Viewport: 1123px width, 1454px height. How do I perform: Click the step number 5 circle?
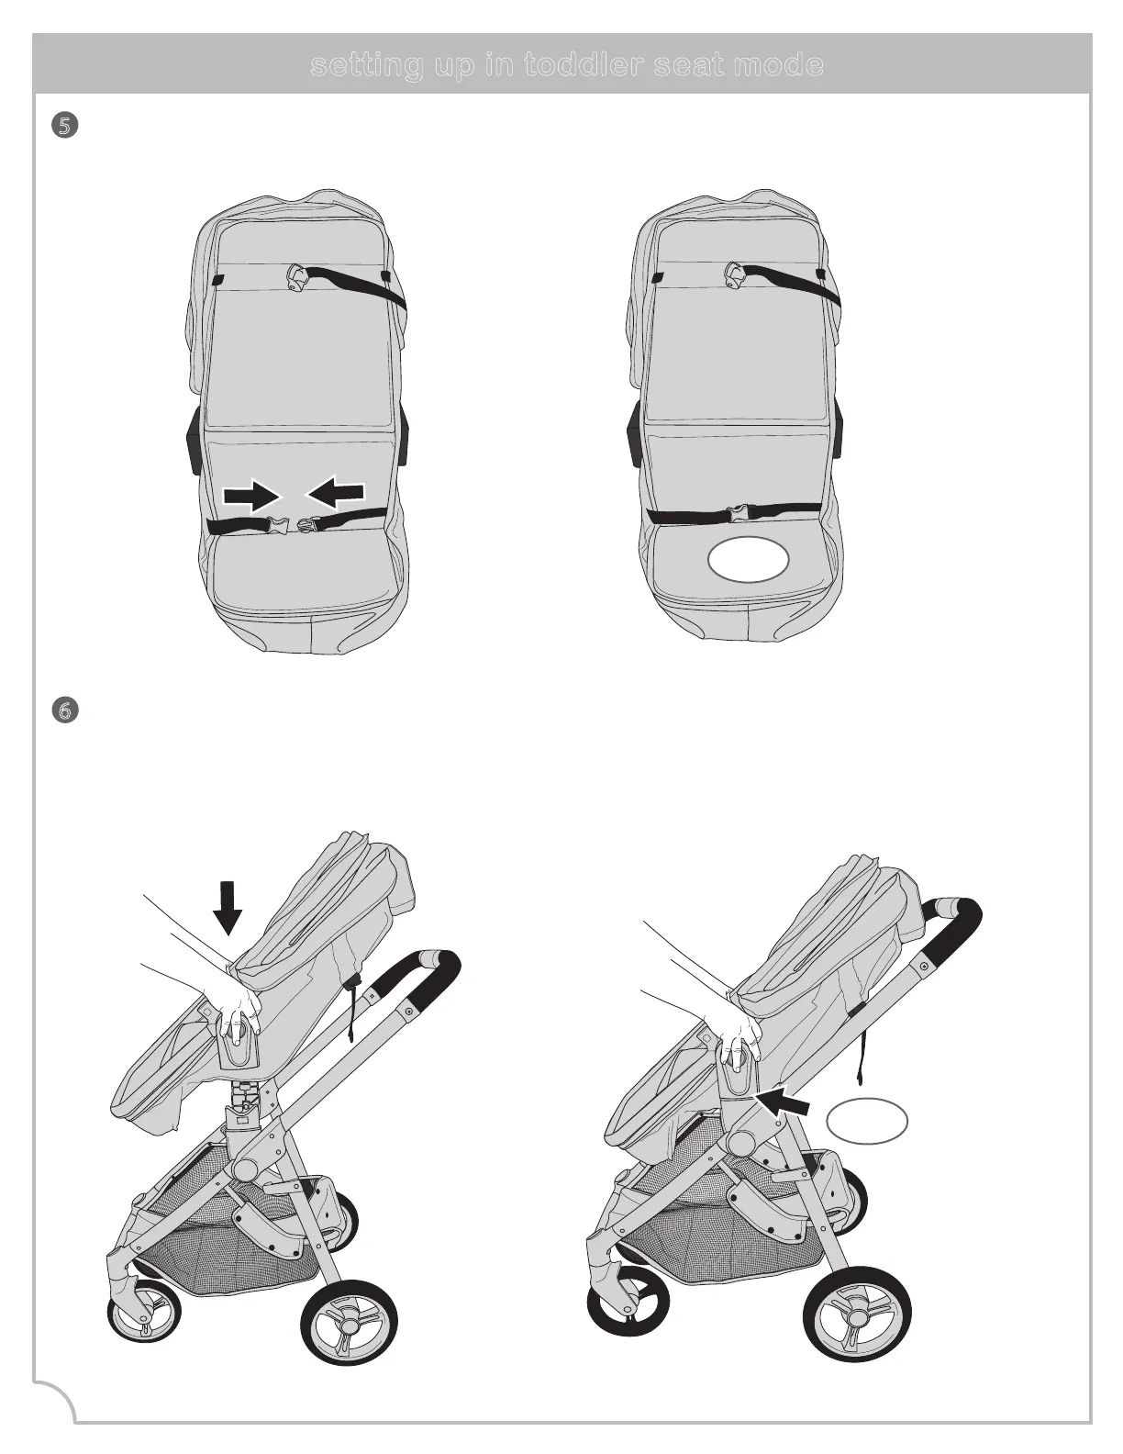pos(62,126)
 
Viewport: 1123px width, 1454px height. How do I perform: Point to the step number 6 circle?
pos(62,710)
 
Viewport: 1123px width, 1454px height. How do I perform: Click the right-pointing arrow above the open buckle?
pos(251,497)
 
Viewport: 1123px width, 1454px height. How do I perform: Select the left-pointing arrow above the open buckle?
pos(337,495)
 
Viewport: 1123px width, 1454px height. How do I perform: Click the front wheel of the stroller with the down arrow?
pos(139,1319)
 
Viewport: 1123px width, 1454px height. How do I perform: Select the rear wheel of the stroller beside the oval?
pos(856,1318)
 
